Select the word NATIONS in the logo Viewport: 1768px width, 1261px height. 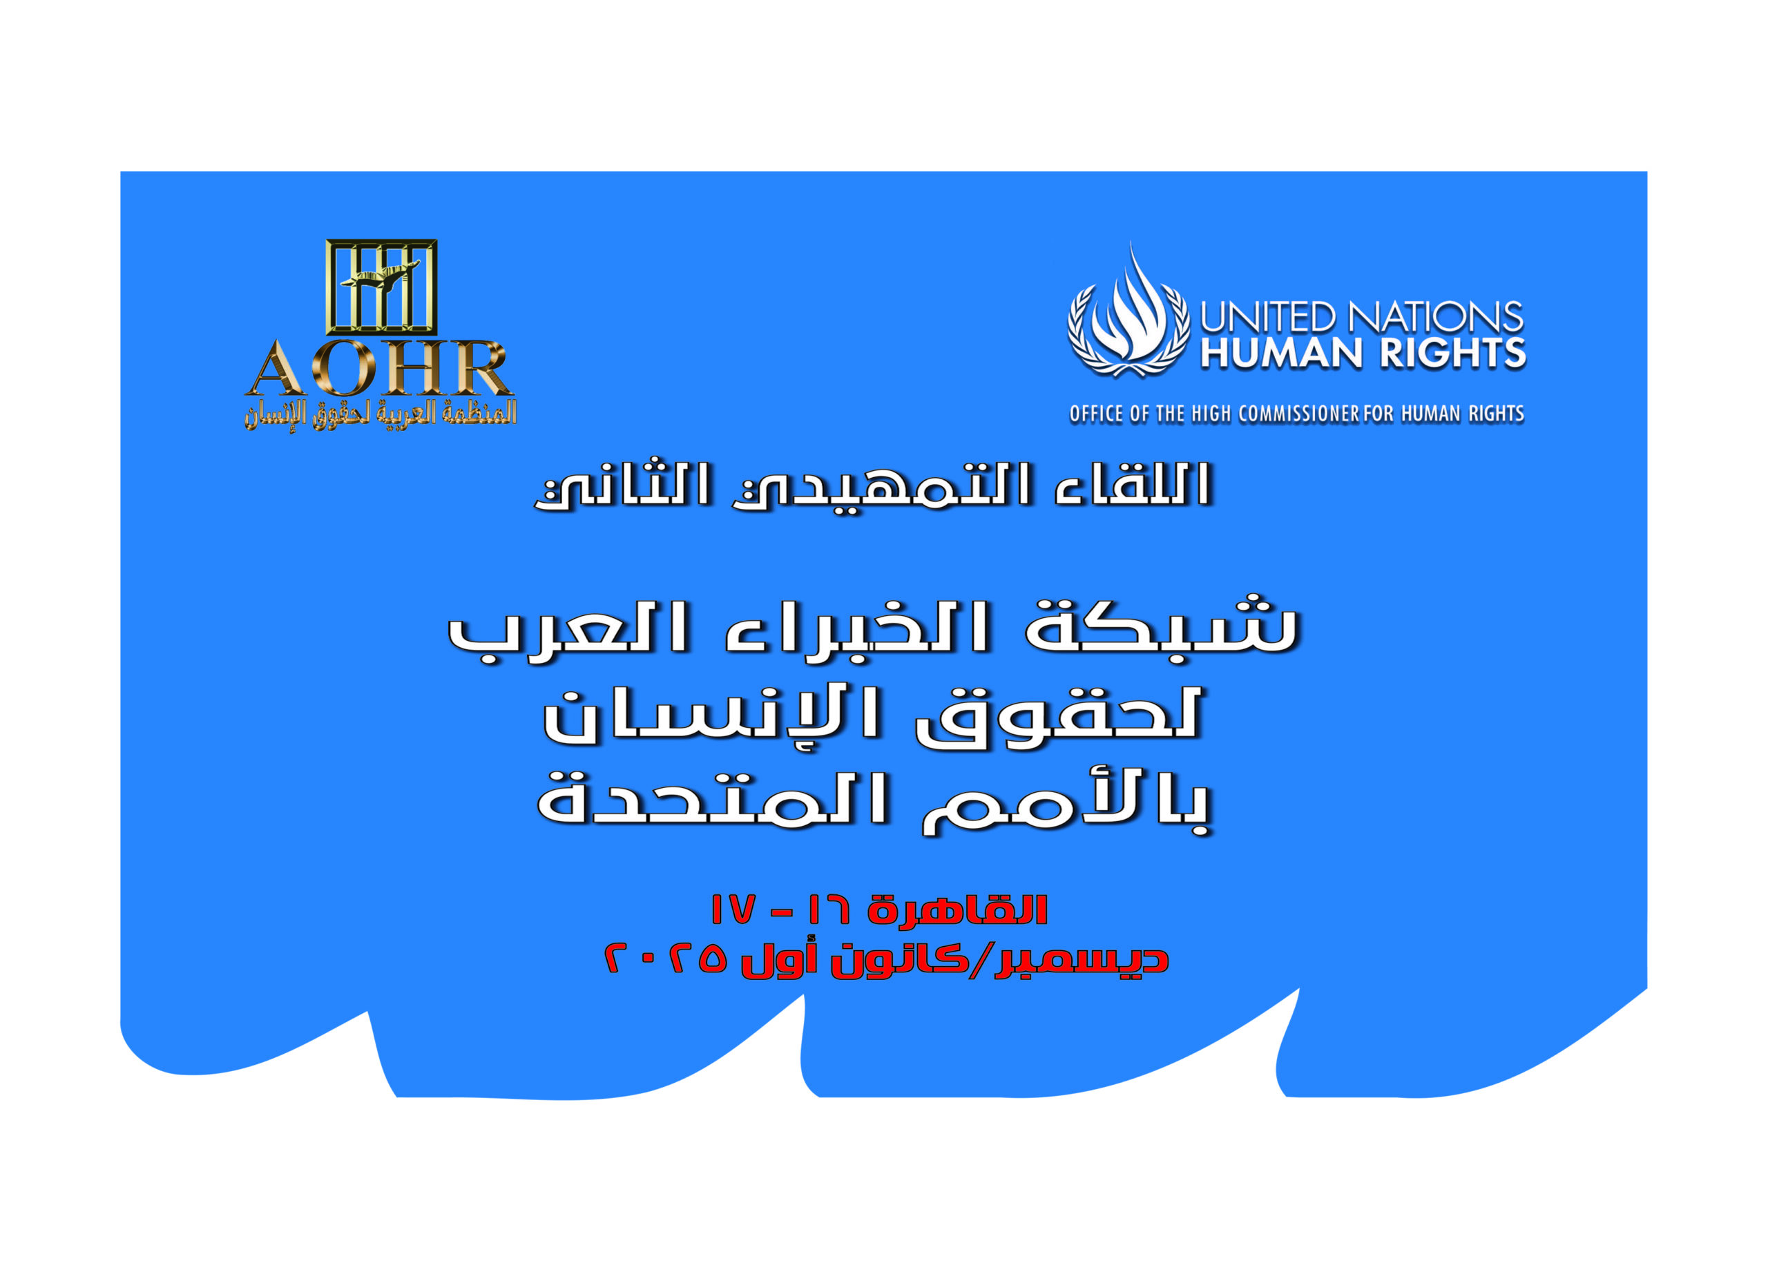point(1435,318)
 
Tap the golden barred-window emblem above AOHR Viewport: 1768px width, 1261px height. point(381,287)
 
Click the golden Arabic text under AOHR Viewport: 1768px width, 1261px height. point(381,414)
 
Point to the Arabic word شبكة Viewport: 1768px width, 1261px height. point(1161,626)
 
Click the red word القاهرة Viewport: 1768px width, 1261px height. point(957,909)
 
